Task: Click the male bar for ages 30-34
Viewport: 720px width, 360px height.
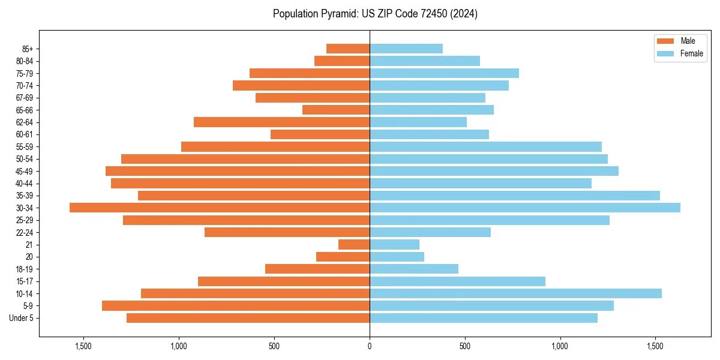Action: click(220, 208)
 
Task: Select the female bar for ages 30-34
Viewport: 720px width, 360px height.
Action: click(525, 208)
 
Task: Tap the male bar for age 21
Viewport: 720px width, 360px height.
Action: click(354, 244)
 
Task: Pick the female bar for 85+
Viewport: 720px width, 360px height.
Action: click(406, 49)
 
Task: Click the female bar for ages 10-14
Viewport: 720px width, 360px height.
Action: click(515, 293)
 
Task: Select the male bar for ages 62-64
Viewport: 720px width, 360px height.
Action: click(281, 122)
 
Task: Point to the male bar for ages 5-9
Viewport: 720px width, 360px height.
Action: click(236, 305)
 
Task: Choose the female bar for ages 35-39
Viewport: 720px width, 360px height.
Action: click(515, 196)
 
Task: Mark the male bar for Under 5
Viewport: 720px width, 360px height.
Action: click(248, 318)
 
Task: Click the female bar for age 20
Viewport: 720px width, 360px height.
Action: click(397, 257)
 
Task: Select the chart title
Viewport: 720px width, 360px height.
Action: click(375, 14)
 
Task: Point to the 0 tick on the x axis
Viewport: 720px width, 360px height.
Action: click(370, 346)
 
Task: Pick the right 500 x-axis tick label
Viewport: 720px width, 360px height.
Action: click(464, 346)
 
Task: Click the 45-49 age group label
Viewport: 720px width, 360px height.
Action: click(25, 171)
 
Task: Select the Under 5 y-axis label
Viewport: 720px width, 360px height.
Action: click(22, 318)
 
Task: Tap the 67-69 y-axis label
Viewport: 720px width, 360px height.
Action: click(25, 98)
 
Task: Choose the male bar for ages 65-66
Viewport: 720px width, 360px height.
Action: click(336, 110)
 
